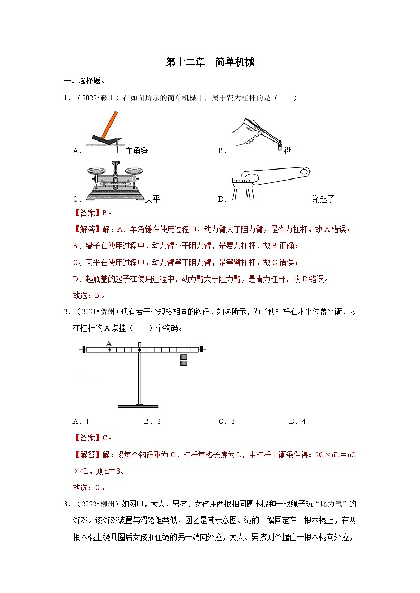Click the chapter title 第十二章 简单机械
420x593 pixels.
tap(210, 62)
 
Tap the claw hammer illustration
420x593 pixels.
tap(106, 129)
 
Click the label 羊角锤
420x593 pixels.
tap(136, 151)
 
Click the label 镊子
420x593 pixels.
tap(291, 151)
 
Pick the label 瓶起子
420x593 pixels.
tap(323, 199)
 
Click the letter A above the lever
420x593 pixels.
tap(109, 343)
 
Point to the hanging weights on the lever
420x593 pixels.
tap(184, 360)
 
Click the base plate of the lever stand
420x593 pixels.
tap(138, 406)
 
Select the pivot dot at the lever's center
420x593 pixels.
tap(139, 349)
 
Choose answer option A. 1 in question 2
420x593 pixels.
tap(81, 421)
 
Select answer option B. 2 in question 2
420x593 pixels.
tap(152, 421)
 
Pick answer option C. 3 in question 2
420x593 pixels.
tap(226, 421)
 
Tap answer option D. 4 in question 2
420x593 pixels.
tap(297, 421)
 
